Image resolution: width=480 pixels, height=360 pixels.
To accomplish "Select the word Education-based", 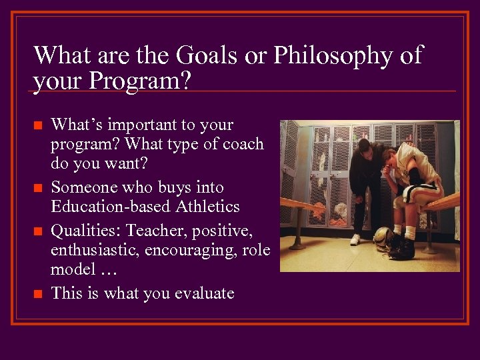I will click(111, 207).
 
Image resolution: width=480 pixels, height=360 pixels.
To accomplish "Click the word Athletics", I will click(207, 207).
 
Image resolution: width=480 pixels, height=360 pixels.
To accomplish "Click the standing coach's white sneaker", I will click(355, 239).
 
